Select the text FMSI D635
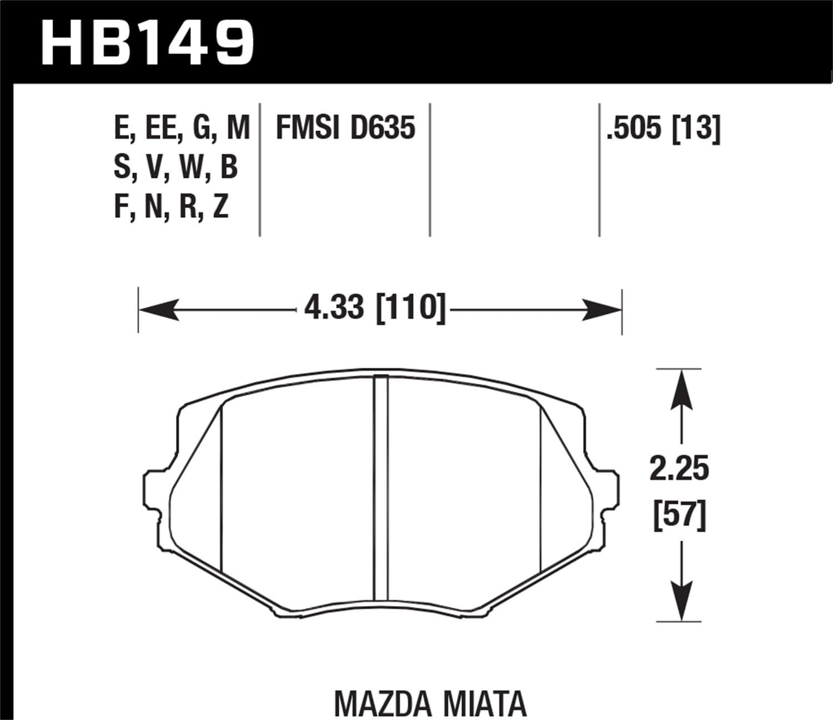pyautogui.click(x=345, y=128)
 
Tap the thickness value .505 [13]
pyautogui.click(x=664, y=128)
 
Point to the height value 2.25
pyautogui.click(x=680, y=469)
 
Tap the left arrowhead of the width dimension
pyautogui.click(x=159, y=309)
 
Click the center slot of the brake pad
pyautogui.click(x=381, y=489)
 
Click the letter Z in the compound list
pyautogui.click(x=220, y=208)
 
